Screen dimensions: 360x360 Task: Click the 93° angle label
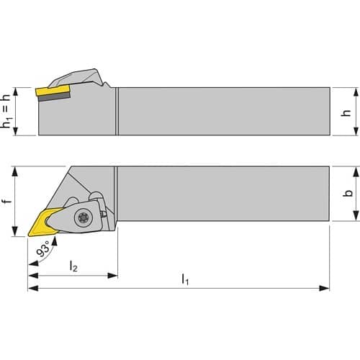pos(43,248)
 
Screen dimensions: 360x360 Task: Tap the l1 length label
pos(185,279)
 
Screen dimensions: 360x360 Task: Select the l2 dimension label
pos(73,266)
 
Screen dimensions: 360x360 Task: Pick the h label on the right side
pos(346,112)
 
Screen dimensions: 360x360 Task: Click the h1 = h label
pos(6,111)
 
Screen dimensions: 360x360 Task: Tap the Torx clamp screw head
pos(84,217)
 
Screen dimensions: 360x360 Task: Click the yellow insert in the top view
pos(45,222)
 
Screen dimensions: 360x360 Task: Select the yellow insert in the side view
pos(53,91)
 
